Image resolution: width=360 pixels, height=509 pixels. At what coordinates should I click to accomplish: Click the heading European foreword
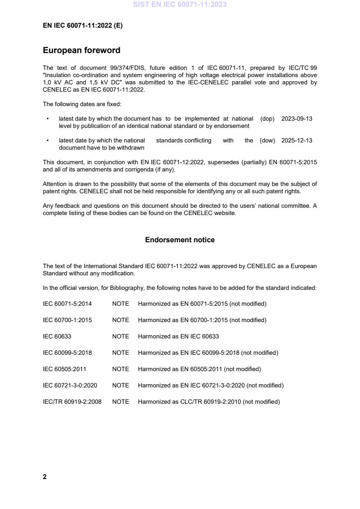point(81,50)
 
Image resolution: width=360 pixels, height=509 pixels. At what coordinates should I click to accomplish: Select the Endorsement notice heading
point(180,240)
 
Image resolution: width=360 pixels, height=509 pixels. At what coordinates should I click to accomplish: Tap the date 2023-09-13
point(297,119)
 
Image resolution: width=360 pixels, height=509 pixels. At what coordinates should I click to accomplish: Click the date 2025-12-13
point(297,141)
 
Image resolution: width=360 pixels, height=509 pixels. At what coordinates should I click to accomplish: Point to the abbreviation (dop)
point(267,119)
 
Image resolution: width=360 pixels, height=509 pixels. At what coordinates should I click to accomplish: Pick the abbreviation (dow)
point(267,141)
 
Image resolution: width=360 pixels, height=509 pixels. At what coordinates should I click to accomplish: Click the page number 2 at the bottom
point(44,477)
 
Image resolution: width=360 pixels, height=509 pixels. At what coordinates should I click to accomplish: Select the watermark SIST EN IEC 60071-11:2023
point(180,5)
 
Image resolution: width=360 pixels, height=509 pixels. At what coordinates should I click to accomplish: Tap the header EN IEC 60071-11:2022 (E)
point(83,26)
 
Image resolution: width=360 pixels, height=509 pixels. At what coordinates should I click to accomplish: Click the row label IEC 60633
point(57,337)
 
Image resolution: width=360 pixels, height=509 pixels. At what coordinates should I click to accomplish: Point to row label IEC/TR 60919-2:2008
point(72,402)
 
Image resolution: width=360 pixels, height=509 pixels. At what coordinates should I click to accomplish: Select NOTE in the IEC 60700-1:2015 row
point(120,320)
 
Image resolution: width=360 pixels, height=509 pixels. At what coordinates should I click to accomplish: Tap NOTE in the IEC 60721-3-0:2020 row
point(120,386)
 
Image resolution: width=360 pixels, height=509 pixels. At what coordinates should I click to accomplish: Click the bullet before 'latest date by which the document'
point(48,119)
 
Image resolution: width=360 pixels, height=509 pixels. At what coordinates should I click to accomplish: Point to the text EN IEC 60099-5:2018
point(210,353)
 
